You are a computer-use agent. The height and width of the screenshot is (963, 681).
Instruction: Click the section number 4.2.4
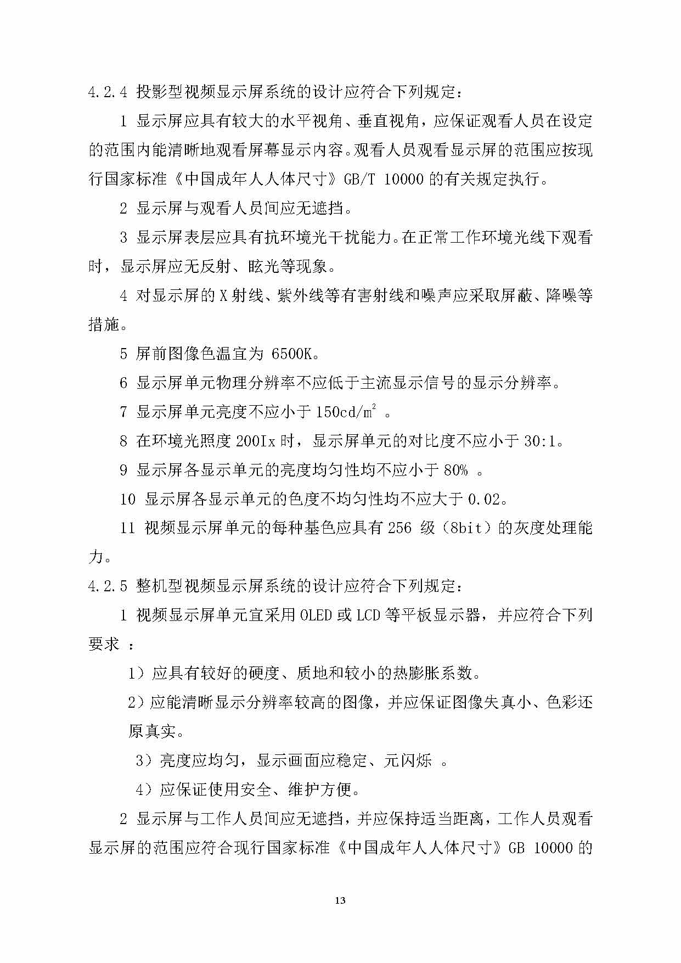pyautogui.click(x=108, y=92)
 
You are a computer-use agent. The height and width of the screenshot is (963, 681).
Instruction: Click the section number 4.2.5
pyautogui.click(x=108, y=586)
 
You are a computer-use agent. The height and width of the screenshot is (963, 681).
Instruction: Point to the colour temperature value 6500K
pyautogui.click(x=295, y=354)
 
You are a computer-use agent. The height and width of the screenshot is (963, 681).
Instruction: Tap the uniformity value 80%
pyautogui.click(x=455, y=471)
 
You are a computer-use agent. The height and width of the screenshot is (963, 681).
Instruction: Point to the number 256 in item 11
pyautogui.click(x=399, y=529)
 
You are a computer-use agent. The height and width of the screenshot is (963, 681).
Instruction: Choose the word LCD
pyautogui.click(x=368, y=615)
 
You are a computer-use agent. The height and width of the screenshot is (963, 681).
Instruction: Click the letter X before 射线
pyautogui.click(x=223, y=296)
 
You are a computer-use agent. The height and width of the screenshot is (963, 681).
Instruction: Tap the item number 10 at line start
pyautogui.click(x=127, y=500)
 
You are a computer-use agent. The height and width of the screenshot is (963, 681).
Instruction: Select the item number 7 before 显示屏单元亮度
pyautogui.click(x=123, y=412)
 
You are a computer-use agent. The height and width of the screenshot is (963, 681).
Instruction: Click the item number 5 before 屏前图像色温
pyautogui.click(x=123, y=354)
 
